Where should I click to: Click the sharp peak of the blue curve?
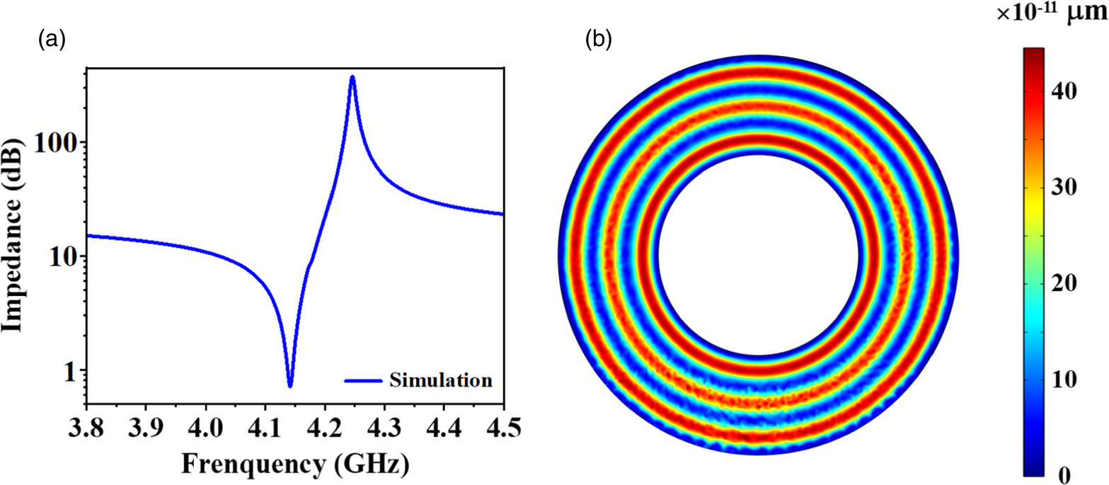[352, 77]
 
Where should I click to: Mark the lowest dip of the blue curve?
[289, 385]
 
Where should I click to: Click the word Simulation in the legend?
[440, 380]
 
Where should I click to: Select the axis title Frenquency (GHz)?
[296, 465]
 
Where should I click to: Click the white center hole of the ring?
[757, 255]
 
